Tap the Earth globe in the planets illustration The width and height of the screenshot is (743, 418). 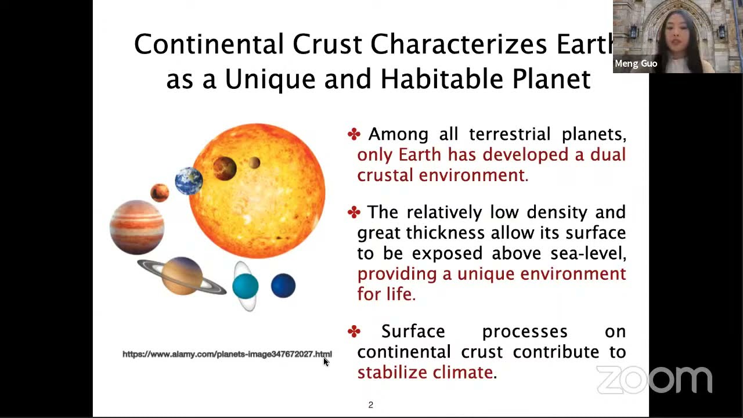click(x=189, y=181)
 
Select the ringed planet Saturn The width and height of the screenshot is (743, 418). click(x=182, y=276)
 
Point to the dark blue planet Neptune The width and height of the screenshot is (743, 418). click(x=283, y=286)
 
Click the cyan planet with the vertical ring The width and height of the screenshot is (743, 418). click(x=245, y=286)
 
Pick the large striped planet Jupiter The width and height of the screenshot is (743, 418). click(x=137, y=227)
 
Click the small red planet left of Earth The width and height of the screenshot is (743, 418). click(x=159, y=192)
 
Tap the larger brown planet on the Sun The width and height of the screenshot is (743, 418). click(x=224, y=168)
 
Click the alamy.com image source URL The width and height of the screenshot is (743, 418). click(x=227, y=354)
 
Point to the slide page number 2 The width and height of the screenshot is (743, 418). click(x=370, y=405)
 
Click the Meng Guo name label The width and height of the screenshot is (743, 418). click(x=636, y=64)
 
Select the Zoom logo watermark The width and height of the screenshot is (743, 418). click(x=654, y=380)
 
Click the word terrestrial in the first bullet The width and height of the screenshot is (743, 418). click(x=510, y=134)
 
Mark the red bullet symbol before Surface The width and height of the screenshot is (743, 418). click(x=354, y=331)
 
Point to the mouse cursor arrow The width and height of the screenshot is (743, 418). click(x=326, y=361)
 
